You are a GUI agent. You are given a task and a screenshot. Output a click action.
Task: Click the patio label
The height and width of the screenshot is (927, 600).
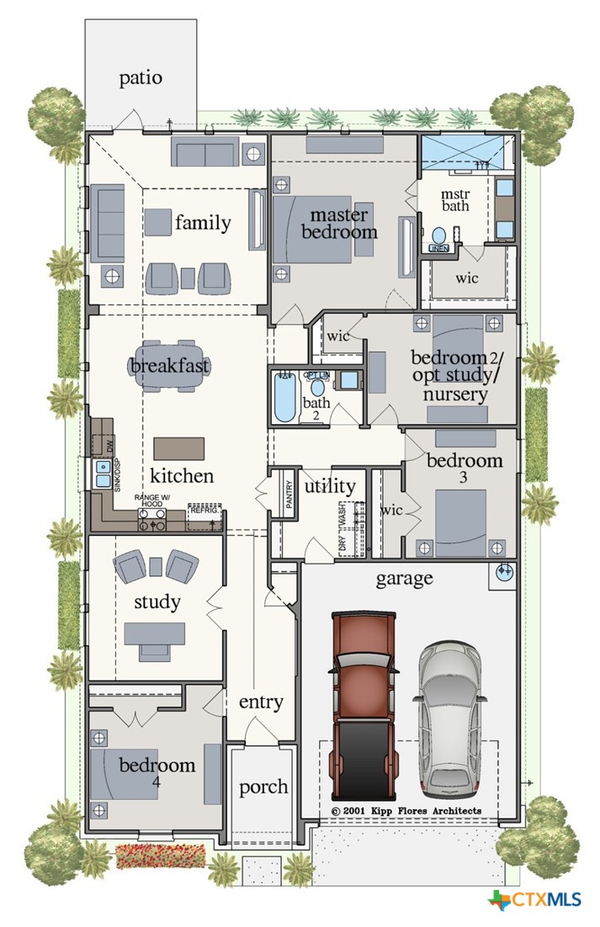pos(141,78)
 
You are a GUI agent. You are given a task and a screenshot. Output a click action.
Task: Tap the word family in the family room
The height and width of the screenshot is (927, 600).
pos(203,223)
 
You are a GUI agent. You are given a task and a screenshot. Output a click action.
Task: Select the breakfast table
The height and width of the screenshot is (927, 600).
pos(170,367)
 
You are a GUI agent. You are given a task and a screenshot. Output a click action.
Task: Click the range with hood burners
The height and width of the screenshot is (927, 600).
pos(151,517)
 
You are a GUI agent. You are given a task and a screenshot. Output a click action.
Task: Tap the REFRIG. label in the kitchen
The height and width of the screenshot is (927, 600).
pos(204,510)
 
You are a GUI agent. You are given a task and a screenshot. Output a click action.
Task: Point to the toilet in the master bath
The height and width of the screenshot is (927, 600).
pos(438,236)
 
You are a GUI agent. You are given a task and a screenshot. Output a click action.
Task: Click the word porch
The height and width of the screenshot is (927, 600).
pos(263,788)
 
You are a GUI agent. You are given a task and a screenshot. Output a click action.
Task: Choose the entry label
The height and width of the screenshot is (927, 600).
pos(261,702)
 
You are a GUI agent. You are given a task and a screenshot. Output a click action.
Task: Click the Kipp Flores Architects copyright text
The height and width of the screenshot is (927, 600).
pos(406,811)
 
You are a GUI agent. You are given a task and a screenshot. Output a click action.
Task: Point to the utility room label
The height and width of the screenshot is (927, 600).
pos(330,486)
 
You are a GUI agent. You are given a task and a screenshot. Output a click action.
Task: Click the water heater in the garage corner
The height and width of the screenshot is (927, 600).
pos(504,573)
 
